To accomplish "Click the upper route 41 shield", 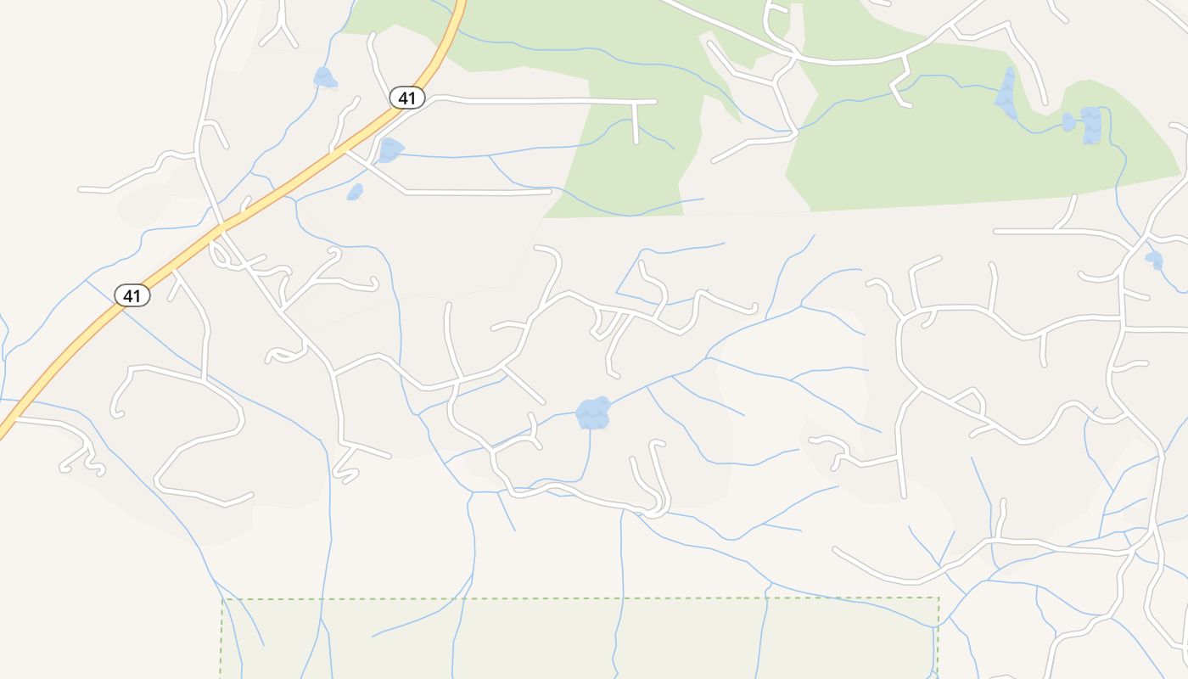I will click(407, 98).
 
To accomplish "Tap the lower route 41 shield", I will click(132, 295).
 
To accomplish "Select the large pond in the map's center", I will click(593, 413).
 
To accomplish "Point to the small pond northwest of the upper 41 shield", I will click(324, 79).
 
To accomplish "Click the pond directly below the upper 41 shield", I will click(389, 150).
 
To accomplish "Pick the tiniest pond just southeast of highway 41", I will click(355, 193).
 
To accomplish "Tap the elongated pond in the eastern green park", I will click(1007, 94).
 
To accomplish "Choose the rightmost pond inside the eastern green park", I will click(1091, 124).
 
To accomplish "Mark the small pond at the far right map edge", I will click(1154, 260).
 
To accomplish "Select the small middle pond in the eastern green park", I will click(1068, 122).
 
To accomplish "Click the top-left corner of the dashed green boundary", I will click(222, 600).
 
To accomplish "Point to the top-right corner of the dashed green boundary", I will click(938, 598).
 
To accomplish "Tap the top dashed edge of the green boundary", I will click(577, 599).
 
